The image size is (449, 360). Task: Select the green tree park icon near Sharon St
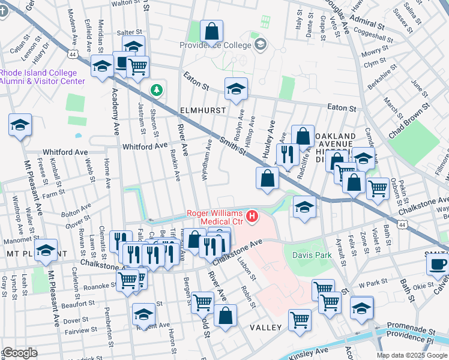(157, 90)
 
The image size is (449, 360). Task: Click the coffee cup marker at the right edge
(438, 263)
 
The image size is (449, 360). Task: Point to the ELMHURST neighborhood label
(203, 111)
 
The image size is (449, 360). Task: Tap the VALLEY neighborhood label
(265, 328)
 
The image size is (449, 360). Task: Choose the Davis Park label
(312, 256)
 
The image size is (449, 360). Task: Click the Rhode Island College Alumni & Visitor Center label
(42, 77)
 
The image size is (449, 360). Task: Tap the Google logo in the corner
(20, 353)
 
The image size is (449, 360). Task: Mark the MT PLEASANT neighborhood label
(18, 254)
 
